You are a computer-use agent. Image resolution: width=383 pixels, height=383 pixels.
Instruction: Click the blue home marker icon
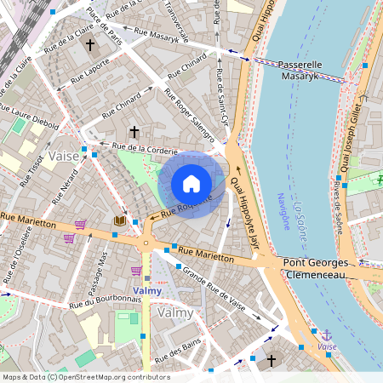191,184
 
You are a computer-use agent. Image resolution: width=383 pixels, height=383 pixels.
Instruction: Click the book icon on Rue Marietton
120,221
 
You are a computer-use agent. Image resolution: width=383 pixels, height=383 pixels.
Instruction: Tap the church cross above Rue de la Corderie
133,132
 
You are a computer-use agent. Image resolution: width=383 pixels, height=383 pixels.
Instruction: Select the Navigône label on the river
283,212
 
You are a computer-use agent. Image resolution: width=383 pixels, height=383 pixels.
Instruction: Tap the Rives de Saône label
338,208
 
